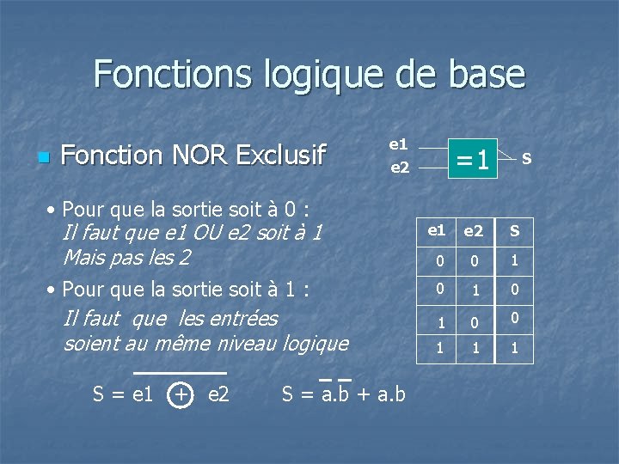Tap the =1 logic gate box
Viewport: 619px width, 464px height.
pyautogui.click(x=472, y=160)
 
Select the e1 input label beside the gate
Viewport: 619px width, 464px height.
pyautogui.click(x=399, y=145)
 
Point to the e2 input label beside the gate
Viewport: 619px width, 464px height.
pyautogui.click(x=399, y=168)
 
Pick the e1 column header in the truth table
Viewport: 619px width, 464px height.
pyautogui.click(x=437, y=230)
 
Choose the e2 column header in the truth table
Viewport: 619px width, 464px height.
pyautogui.click(x=474, y=231)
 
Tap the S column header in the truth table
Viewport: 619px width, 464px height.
pyautogui.click(x=514, y=231)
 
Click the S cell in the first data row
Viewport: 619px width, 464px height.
pyautogui.click(x=514, y=259)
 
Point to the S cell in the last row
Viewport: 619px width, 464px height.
pyautogui.click(x=514, y=349)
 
